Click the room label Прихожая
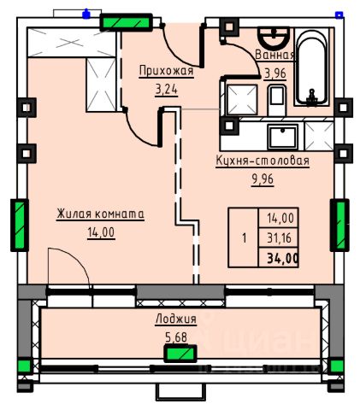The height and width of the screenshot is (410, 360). coord(166,71)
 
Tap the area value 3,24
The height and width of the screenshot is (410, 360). coord(166,90)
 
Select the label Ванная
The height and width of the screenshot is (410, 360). coord(274,55)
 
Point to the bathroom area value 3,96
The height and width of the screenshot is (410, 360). coord(275,73)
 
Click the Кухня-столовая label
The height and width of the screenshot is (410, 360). coord(263,161)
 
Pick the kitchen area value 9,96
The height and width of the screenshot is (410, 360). coord(263,179)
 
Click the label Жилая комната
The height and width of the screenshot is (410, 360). coord(100,214)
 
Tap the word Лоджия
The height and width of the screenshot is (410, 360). coord(176,319)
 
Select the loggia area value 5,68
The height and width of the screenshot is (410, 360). coord(176,337)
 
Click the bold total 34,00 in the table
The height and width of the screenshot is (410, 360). coord(283,259)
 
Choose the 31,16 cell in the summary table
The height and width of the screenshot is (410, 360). coord(279,238)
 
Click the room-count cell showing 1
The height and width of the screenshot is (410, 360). coord(244,238)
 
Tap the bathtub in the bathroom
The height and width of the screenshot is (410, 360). coord(310,68)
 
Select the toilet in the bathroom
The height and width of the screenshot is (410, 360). coord(276,101)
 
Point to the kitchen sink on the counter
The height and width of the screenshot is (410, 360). coord(282,138)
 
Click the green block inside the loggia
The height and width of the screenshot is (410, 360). coord(180,354)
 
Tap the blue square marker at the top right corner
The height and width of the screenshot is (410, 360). coord(339,15)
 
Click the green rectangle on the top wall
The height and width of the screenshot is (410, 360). coord(126,22)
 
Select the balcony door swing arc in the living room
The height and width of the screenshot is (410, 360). coord(75,261)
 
